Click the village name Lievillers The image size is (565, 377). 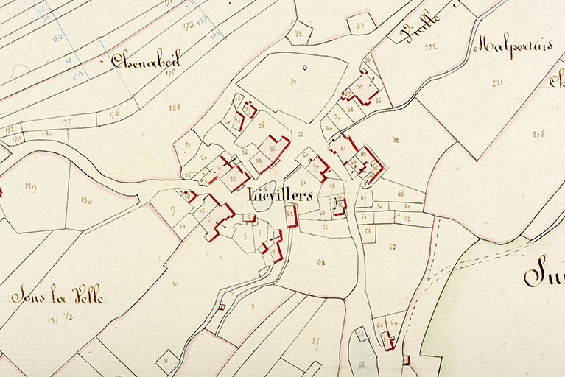(x=281, y=196)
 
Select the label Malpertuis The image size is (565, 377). (x=513, y=46)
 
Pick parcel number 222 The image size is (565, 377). (x=430, y=47)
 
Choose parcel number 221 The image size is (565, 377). (x=496, y=82)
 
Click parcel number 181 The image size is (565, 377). (x=175, y=108)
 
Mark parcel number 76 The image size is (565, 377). (x=114, y=114)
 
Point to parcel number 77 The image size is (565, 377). (x=66, y=122)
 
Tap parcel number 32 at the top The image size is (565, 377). (x=298, y=33)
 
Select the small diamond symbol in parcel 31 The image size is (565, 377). (x=303, y=68)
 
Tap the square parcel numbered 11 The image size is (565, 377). (x=166, y=359)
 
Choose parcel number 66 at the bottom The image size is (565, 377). (x=362, y=364)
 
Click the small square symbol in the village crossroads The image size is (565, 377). (x=301, y=134)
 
